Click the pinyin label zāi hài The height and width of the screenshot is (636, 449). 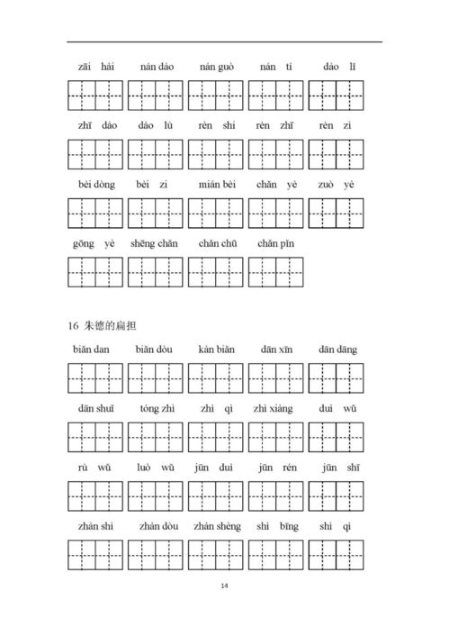coord(94,67)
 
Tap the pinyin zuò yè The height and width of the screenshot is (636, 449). coord(336,184)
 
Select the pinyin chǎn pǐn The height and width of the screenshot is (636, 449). coord(275,243)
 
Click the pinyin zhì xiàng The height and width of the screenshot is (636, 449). coord(275,407)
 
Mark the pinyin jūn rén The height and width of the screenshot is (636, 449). coord(275,467)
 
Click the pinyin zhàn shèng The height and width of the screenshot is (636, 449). coord(217,525)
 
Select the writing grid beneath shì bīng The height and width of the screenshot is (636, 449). coord(275,554)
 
